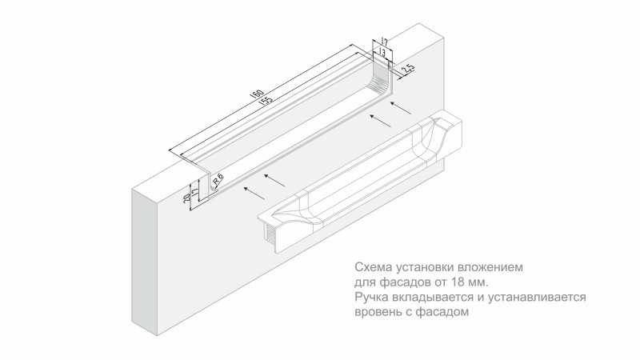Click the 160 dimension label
click(258, 94)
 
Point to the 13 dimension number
click(382, 52)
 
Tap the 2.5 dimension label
click(408, 69)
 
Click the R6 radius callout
click(218, 179)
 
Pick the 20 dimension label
click(187, 198)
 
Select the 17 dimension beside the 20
click(195, 191)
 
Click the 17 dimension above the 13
click(384, 42)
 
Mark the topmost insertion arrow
click(401, 108)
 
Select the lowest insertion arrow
click(254, 194)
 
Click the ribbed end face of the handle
click(271, 235)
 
